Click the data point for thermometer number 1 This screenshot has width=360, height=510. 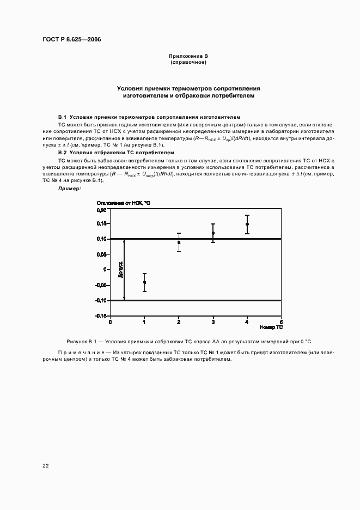tap(144, 282)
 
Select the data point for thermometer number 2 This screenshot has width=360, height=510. tap(179, 242)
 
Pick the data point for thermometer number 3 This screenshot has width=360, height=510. tap(213, 233)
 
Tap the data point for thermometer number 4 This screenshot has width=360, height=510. tap(247, 224)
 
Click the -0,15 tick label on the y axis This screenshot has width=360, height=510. tap(101, 316)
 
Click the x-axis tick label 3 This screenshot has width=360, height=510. tap(213, 322)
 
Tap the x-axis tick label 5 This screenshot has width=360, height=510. tap(281, 322)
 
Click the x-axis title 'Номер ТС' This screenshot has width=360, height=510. tap(271, 327)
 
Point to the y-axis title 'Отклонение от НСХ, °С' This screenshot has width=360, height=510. tap(123, 203)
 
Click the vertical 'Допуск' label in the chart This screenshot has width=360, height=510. tap(120, 269)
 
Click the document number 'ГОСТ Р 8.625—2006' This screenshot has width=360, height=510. tap(71, 40)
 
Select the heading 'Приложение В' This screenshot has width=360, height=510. tap(188, 57)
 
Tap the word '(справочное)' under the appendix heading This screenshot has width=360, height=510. tap(188, 62)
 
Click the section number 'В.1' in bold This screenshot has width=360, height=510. tap(62, 117)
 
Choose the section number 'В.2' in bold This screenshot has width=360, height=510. tap(62, 154)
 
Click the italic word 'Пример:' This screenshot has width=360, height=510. tap(69, 188)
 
